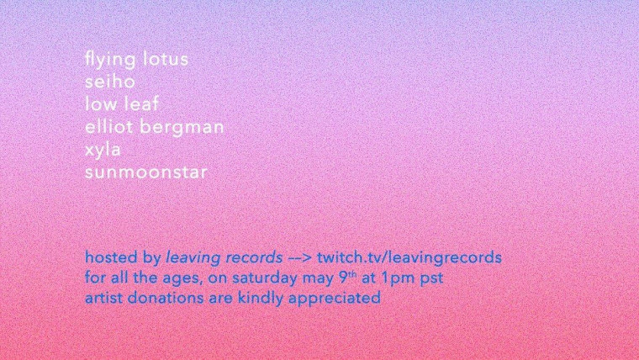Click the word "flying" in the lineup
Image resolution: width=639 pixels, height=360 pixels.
click(110, 60)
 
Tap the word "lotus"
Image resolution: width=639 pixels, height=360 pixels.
click(166, 59)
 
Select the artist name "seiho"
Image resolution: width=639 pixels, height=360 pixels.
click(109, 81)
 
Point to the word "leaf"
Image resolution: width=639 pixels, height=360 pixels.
click(141, 104)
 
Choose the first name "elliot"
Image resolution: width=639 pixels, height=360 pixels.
click(108, 126)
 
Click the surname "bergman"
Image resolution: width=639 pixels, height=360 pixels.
click(182, 128)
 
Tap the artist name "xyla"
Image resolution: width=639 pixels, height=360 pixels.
click(103, 151)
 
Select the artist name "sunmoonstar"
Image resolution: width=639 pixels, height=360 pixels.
click(146, 172)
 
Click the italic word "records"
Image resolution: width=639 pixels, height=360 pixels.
click(254, 257)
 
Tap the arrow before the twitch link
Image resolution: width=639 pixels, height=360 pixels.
click(300, 258)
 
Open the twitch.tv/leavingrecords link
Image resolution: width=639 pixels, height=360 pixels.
click(409, 258)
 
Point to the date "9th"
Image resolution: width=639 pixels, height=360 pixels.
click(348, 278)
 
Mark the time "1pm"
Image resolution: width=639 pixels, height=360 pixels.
click(399, 278)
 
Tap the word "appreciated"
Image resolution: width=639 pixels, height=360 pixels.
click(335, 299)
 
